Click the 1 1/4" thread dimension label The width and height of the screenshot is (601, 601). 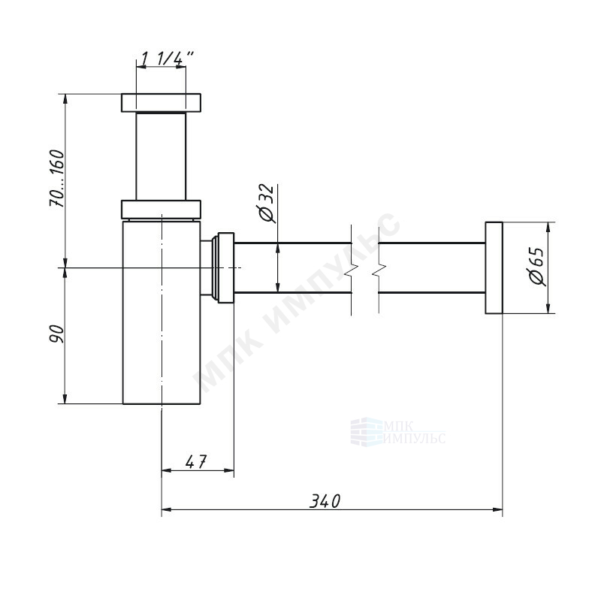167,59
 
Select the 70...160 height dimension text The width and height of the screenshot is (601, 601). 57,179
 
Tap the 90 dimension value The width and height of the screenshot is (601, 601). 57,334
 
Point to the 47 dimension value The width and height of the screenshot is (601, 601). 196,461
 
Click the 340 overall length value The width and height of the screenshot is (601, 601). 325,501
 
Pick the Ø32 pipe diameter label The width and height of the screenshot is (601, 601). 267,203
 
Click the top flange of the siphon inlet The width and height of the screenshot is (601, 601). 162,103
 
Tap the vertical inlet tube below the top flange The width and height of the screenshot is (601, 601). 161,156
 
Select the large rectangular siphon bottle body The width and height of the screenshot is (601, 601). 162,312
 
